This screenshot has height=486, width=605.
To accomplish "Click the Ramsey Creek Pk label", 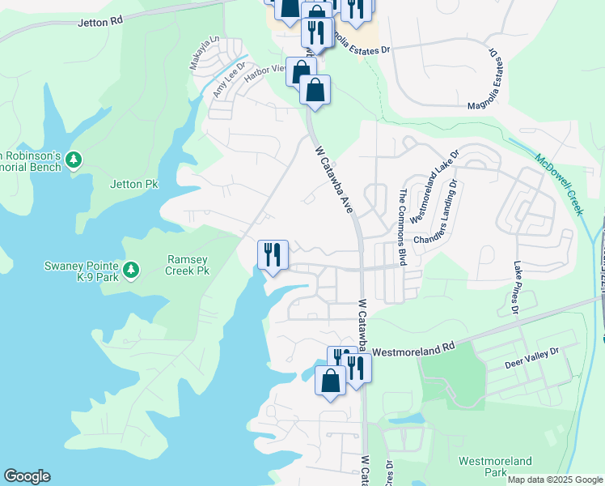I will click(188, 264).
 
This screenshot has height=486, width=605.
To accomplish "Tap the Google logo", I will click(27, 476).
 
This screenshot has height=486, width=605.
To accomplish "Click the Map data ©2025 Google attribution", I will click(555, 480).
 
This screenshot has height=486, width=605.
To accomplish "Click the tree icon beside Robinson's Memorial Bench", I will click(74, 159).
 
